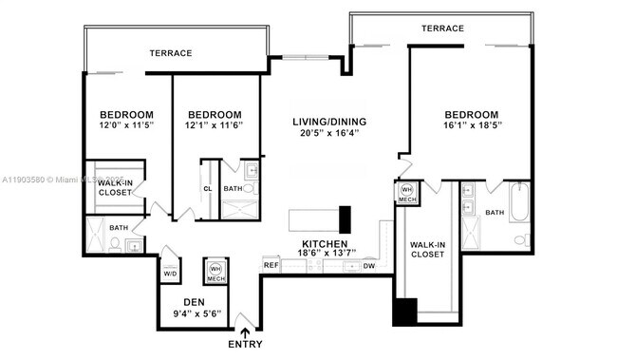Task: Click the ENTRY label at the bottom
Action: click(x=246, y=344)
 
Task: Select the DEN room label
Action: click(x=194, y=302)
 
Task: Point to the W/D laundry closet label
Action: click(x=170, y=275)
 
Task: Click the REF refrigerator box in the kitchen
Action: click(x=271, y=266)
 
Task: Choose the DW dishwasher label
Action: click(x=369, y=266)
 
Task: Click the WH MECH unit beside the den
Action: click(x=215, y=271)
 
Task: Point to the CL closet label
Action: click(x=208, y=188)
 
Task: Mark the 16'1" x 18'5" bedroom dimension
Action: click(x=472, y=125)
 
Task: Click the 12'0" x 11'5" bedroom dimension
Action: click(x=127, y=125)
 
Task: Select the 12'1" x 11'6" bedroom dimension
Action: click(x=215, y=125)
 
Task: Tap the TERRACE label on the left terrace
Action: click(x=171, y=53)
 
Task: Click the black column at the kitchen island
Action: click(x=346, y=218)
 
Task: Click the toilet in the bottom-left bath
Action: click(x=114, y=244)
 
